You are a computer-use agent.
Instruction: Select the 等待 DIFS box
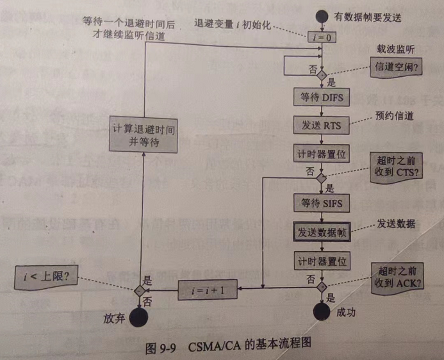tap(322, 97)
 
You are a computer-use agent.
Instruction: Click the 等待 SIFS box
tap(322, 203)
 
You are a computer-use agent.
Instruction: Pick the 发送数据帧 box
tap(322, 232)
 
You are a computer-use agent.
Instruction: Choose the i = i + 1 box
tap(209, 290)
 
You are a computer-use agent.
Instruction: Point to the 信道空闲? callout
tap(396, 67)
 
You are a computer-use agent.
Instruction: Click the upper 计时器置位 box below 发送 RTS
tap(322, 154)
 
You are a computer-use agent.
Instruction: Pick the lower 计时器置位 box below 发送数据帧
tap(322, 261)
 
